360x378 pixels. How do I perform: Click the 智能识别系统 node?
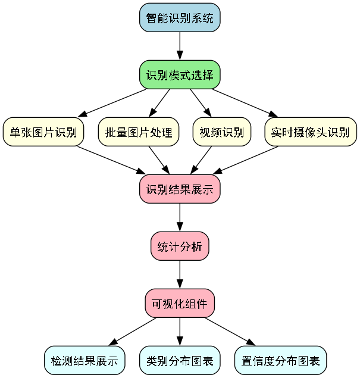[180, 18]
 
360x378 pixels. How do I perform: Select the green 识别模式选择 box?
[180, 75]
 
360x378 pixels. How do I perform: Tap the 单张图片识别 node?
[43, 132]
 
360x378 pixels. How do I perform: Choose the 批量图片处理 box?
[138, 132]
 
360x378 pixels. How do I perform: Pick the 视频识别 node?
[218, 132]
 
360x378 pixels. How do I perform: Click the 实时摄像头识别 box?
[310, 132]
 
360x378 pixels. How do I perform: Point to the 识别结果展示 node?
[180, 189]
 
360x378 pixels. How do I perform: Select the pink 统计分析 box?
[180, 246]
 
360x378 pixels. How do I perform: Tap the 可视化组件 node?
[180, 304]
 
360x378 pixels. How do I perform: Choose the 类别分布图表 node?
[180, 361]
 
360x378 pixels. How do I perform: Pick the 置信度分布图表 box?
[281, 361]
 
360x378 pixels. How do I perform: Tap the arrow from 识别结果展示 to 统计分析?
[180, 218]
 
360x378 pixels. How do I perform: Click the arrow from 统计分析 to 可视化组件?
[180, 275]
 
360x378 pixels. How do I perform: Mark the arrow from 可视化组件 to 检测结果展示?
[133, 332]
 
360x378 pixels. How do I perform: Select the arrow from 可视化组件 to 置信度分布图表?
[230, 332]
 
